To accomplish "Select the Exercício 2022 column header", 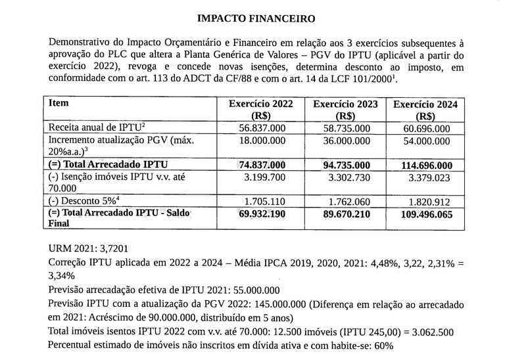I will pyautogui.click(x=261, y=110).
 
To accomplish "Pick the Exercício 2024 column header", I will pyautogui.click(x=425, y=110).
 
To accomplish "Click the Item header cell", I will pyautogui.click(x=59, y=104).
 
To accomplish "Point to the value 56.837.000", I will pyautogui.click(x=262, y=129).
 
